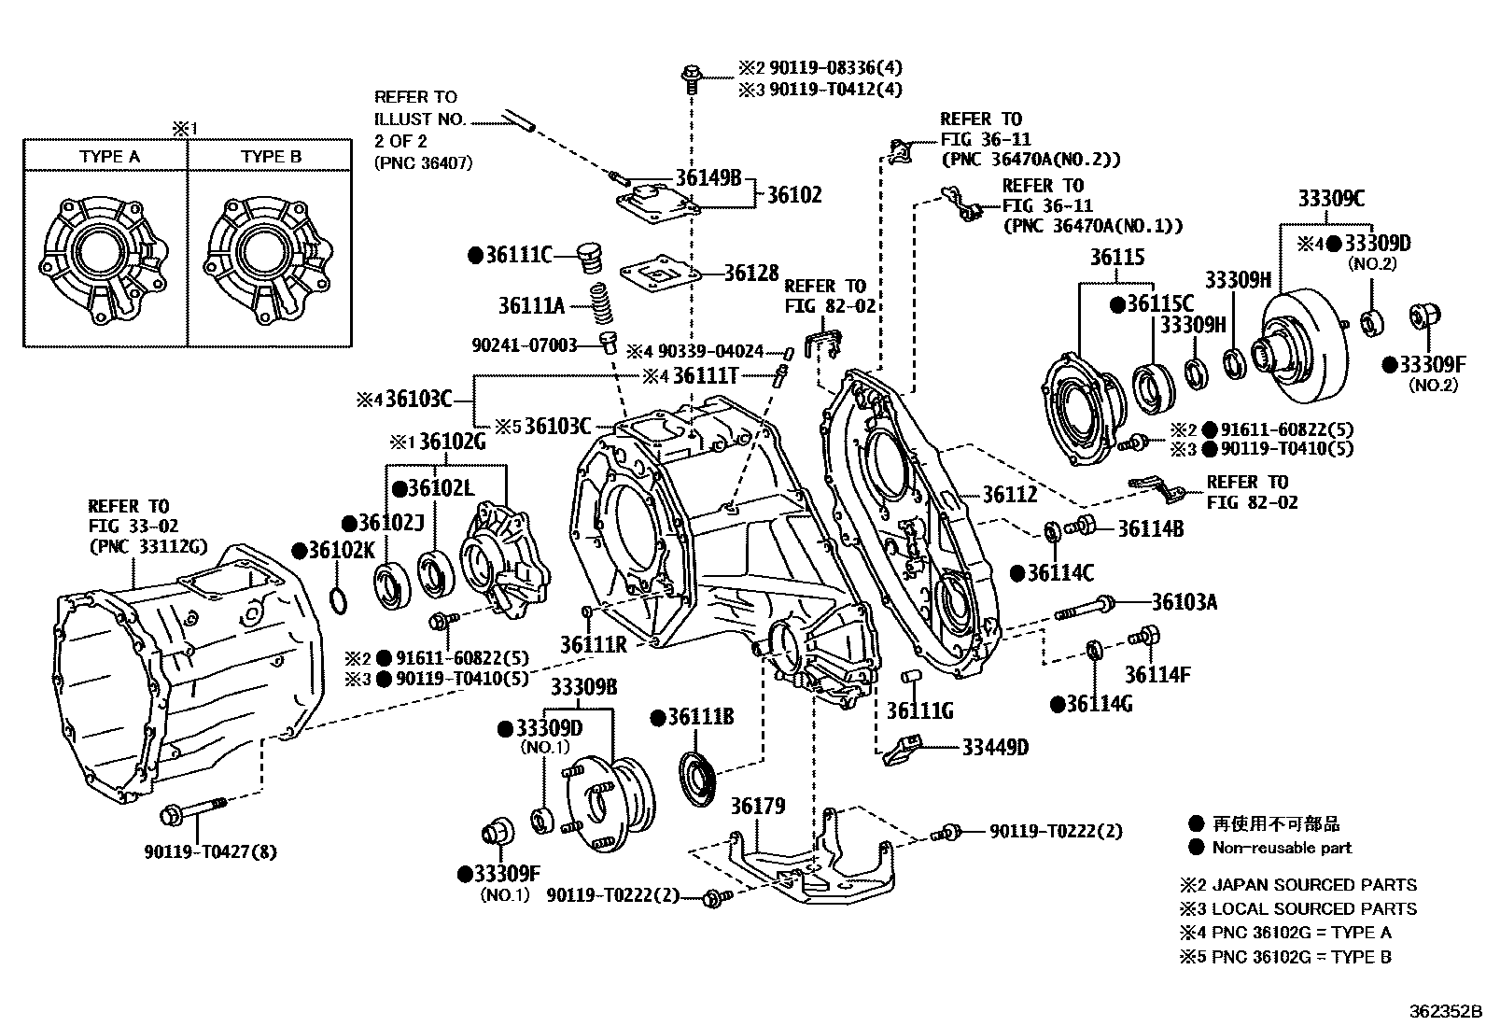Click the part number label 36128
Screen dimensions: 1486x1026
point(751,273)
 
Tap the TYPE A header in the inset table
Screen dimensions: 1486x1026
point(109,157)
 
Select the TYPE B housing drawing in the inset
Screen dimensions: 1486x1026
point(269,260)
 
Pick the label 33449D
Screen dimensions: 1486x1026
point(995,747)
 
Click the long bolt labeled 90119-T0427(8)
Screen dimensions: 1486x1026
point(194,811)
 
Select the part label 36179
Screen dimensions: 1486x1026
point(758,806)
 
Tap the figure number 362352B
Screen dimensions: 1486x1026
point(1446,1011)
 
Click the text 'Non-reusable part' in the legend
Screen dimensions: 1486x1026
point(1282,848)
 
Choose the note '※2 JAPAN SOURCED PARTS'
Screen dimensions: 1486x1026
point(1298,885)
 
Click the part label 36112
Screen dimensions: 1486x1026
point(1010,495)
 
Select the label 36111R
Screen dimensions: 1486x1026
point(593,644)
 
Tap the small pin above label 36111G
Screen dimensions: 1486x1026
point(909,678)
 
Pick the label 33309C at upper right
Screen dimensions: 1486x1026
point(1331,199)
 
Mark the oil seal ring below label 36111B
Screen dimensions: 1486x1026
point(698,779)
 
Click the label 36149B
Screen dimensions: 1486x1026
point(708,177)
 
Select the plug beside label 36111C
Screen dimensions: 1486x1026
point(589,259)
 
